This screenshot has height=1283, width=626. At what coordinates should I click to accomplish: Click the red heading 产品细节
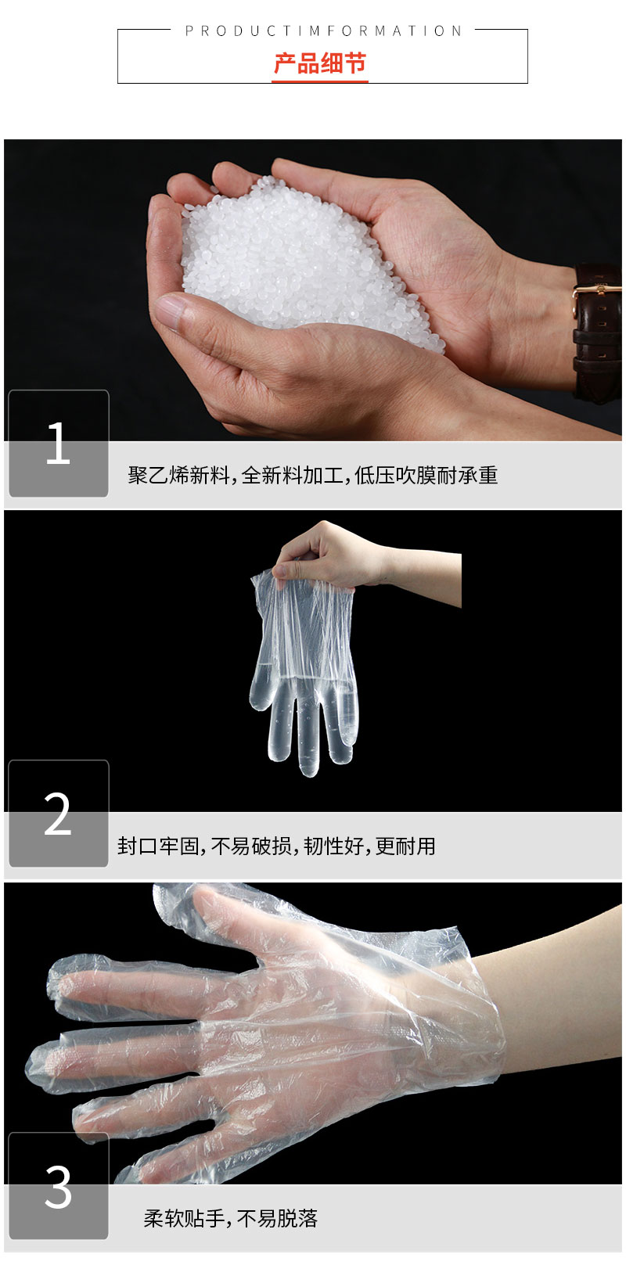tap(319, 63)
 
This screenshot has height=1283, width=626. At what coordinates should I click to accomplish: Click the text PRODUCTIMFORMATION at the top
tap(323, 31)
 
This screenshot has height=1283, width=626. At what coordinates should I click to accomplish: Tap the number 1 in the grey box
tap(58, 444)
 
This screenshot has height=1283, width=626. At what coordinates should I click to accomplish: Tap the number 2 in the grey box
tap(58, 814)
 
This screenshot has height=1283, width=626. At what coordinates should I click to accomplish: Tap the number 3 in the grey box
tap(58, 1187)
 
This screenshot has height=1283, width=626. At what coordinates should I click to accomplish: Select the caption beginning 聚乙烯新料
tap(313, 475)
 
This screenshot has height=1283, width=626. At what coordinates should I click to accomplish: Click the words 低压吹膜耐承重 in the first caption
tap(426, 475)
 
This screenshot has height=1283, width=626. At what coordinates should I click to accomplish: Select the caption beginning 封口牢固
tap(276, 846)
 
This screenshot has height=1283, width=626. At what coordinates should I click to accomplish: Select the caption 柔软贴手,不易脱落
tap(230, 1218)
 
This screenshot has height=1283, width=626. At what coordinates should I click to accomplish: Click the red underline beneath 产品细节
tap(319, 80)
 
